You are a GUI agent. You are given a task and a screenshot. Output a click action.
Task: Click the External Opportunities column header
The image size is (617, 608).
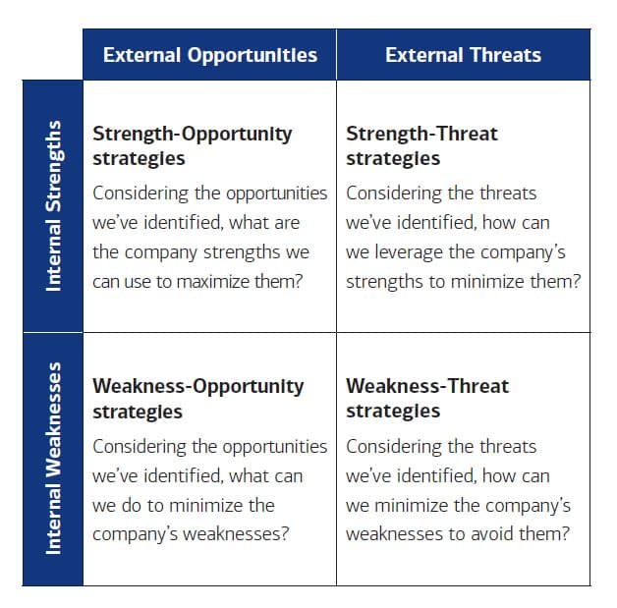click(210, 55)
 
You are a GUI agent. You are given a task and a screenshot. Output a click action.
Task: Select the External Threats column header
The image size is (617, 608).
click(463, 55)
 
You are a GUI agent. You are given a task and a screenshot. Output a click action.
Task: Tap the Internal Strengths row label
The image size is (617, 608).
click(53, 205)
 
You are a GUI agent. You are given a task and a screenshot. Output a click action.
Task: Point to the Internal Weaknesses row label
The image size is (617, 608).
click(53, 459)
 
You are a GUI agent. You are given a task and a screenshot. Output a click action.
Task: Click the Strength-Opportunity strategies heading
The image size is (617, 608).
click(192, 145)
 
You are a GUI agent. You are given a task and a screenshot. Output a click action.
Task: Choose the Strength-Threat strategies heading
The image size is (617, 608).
click(421, 145)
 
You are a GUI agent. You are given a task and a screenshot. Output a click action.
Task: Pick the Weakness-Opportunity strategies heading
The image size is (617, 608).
click(197, 398)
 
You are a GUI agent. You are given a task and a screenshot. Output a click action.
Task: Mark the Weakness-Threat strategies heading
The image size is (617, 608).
click(427, 398)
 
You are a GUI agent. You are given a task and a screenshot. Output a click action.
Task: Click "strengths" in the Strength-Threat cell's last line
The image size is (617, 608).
click(384, 281)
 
